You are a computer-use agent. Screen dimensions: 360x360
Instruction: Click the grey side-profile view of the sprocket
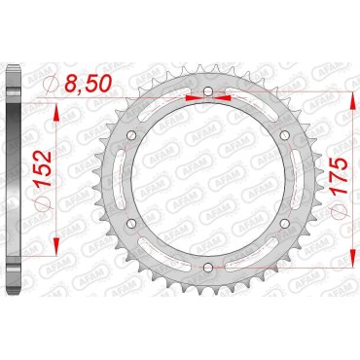click(x=12, y=179)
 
